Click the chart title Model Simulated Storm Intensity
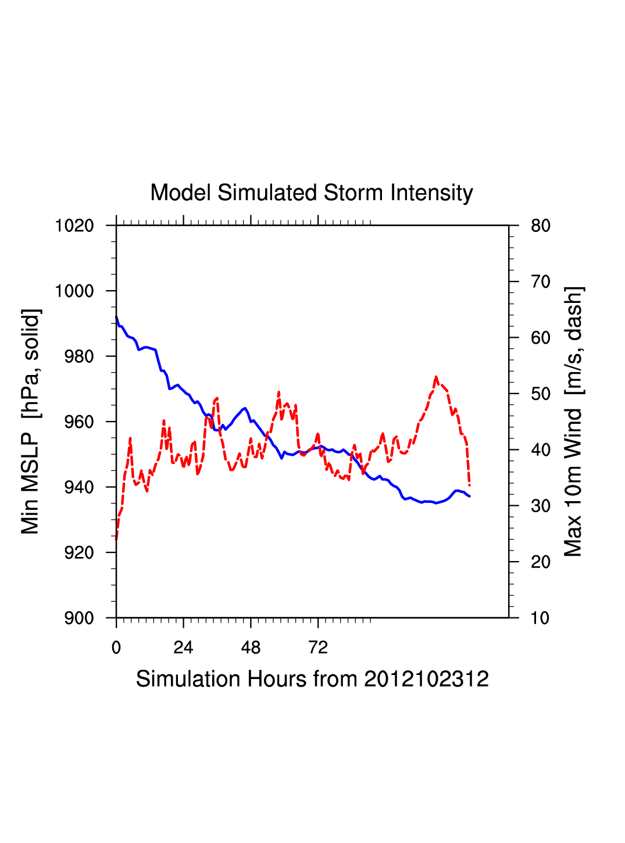point(312,193)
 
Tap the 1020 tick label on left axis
point(74,226)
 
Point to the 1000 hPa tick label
point(74,291)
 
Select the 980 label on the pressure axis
point(78,356)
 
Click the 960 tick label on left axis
point(78,422)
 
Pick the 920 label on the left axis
point(78,553)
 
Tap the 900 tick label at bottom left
point(78,618)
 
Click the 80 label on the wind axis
point(541,226)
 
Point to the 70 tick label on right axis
point(541,282)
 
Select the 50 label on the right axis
point(541,394)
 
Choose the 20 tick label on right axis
point(541,562)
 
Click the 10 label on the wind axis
point(541,618)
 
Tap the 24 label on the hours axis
point(183,648)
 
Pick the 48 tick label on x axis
point(251,648)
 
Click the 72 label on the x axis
point(318,648)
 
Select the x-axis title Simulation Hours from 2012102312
point(312,679)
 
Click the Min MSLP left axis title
point(31,421)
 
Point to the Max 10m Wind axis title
point(573,421)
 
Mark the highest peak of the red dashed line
point(436,377)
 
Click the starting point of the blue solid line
point(116,317)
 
